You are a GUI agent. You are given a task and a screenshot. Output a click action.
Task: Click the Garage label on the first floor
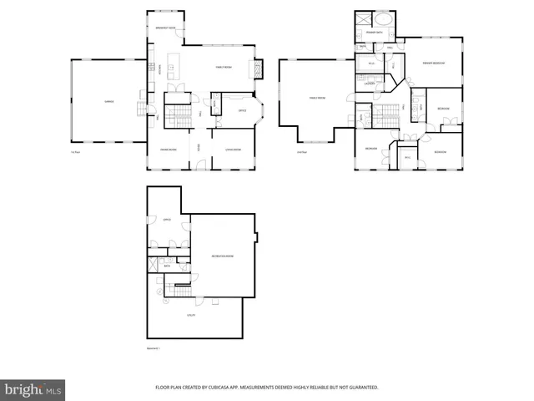108,100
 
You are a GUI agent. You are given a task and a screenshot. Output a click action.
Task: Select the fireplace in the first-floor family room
259,69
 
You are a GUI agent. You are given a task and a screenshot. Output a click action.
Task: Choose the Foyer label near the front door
199,148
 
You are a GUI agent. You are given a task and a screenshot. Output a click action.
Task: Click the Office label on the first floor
242,110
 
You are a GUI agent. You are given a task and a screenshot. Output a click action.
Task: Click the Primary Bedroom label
432,63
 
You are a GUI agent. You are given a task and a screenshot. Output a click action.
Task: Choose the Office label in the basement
167,220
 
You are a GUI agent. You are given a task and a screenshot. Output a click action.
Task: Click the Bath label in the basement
167,266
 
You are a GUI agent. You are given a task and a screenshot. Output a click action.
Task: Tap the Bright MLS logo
33,388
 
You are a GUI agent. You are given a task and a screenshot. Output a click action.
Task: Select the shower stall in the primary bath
364,21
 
